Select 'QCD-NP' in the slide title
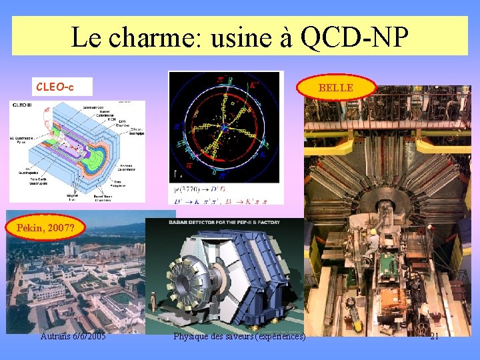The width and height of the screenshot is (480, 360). tap(354, 37)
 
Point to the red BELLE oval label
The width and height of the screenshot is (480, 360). tap(337, 87)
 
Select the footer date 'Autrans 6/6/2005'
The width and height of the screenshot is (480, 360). tap(73, 336)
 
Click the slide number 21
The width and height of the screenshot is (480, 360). tap(434, 336)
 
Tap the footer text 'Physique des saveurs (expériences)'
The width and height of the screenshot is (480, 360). tap(239, 336)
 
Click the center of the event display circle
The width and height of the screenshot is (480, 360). tap(225, 127)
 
